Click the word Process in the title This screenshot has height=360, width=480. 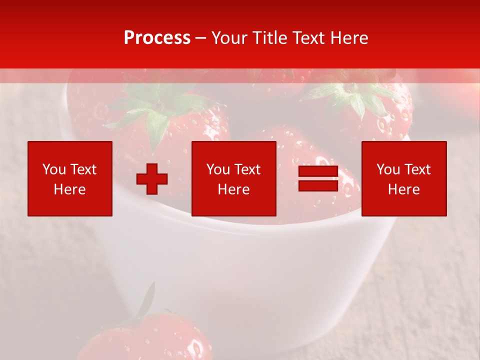tap(157, 38)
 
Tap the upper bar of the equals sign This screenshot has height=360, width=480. tap(318, 171)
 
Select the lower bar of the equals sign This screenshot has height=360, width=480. tap(318, 185)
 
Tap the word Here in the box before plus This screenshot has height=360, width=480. tap(69, 189)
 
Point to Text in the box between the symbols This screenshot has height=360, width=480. tap(247, 170)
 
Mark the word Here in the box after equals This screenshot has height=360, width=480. tap(403, 189)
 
